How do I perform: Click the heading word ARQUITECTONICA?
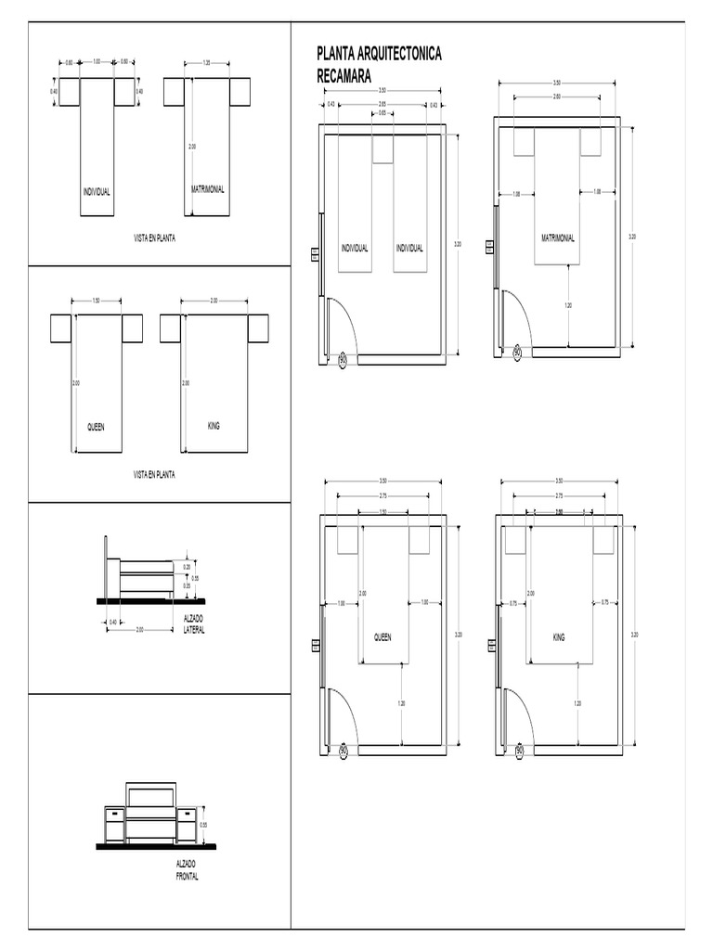(400, 54)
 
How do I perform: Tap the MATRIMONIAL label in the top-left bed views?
(208, 189)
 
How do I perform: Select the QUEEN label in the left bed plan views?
(97, 428)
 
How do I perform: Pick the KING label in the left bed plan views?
(214, 426)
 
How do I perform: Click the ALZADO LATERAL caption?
(193, 624)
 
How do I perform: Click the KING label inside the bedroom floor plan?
(558, 637)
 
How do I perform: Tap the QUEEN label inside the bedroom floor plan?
(382, 637)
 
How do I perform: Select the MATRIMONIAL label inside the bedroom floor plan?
(558, 237)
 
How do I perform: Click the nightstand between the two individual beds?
(382, 148)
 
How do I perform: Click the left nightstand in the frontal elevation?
(114, 825)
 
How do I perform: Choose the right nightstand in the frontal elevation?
(186, 825)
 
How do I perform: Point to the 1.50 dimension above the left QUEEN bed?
(97, 301)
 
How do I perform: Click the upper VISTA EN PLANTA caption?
(155, 237)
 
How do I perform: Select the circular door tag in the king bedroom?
(519, 750)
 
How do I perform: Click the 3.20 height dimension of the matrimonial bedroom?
(632, 237)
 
